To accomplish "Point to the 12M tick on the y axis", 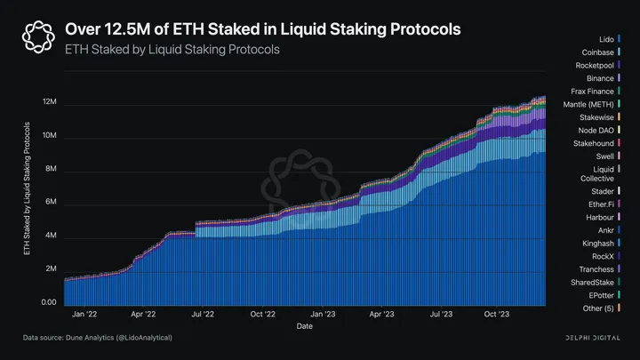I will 50,103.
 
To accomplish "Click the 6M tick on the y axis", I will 52,203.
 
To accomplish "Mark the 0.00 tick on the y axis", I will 48,302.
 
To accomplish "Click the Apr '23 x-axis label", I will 382,314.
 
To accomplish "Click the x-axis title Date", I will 305,326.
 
